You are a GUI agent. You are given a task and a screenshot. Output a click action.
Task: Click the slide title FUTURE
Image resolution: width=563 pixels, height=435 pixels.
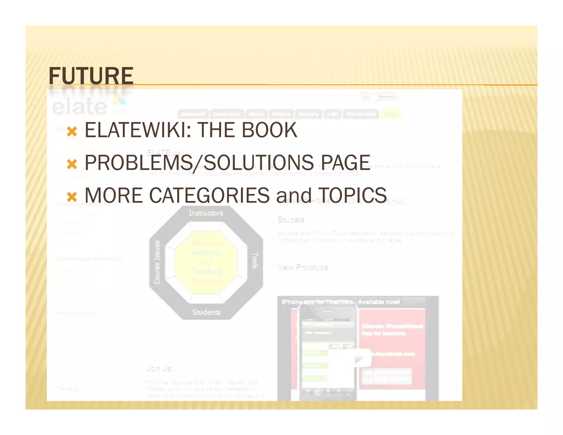tap(91, 76)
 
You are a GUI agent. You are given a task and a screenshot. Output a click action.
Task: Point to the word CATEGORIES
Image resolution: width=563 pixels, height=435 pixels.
tap(209, 195)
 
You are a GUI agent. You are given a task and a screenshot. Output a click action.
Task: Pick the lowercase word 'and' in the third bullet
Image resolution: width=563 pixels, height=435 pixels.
tap(294, 196)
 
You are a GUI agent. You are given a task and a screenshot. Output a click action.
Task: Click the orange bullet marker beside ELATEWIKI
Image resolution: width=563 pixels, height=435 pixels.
tap(72, 132)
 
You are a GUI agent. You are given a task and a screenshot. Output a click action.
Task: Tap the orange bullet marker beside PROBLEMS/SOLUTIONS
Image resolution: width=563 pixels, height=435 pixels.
tap(72, 164)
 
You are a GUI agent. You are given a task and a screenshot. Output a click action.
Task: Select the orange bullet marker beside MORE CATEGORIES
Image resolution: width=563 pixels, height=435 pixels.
tap(72, 197)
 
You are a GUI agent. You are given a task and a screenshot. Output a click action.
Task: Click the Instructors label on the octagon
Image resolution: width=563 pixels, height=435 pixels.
tap(206, 213)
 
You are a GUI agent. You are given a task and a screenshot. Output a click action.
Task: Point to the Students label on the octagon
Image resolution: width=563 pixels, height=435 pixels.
tap(206, 312)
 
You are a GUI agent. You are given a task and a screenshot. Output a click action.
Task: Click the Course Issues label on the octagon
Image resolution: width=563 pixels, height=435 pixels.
tap(157, 262)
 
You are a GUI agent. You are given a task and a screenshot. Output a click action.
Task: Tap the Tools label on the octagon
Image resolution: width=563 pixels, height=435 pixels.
tap(255, 260)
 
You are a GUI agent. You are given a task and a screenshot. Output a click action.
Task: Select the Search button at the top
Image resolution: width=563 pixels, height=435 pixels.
tap(386, 97)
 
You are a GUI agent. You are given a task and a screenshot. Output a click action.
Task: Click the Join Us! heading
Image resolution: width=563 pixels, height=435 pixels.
tap(160, 368)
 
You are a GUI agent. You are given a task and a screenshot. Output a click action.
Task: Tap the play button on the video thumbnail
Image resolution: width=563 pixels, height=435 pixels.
tap(359, 358)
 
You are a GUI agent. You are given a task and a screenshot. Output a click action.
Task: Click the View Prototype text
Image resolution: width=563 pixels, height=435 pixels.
tap(303, 267)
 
